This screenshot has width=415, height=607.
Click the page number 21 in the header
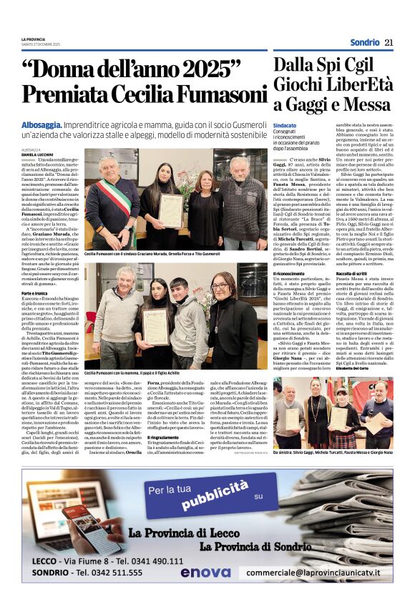point(389,43)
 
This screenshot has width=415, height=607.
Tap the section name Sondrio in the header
point(365,43)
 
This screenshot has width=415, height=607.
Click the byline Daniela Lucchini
point(37,154)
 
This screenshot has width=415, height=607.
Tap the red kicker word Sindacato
point(284,125)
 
